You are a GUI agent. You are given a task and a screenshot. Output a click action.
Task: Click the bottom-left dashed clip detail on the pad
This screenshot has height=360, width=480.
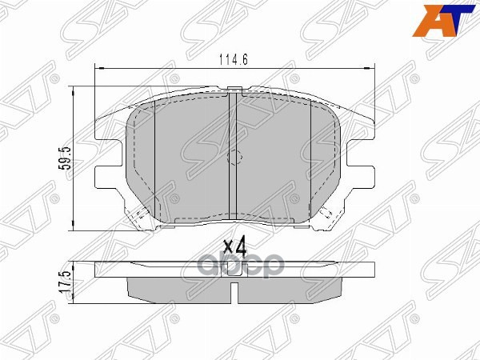click(x=141, y=213)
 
